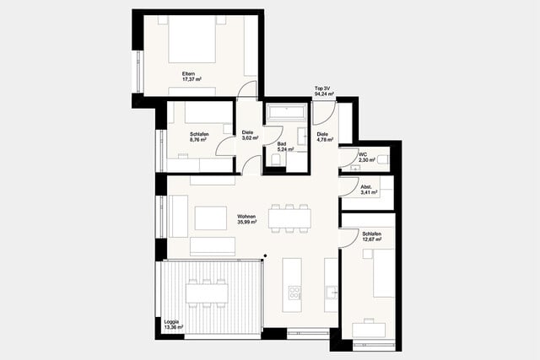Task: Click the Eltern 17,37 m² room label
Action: [x=189, y=77]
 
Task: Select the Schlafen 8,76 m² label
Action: [x=199, y=137]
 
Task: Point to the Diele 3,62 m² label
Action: [x=248, y=135]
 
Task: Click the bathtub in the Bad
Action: [x=289, y=112]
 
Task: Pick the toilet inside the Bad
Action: [x=276, y=161]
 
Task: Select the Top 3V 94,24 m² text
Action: [x=321, y=91]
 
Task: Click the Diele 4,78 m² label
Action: [x=323, y=137]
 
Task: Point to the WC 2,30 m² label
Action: [x=366, y=158]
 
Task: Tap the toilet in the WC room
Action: [x=382, y=158]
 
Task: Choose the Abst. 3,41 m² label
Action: [x=367, y=191]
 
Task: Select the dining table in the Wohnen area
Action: [x=289, y=218]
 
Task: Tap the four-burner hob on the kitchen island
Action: [x=294, y=293]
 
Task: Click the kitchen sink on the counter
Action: [x=331, y=293]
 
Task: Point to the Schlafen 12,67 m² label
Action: [x=371, y=237]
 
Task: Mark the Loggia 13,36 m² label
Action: [x=171, y=324]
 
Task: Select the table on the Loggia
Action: [x=207, y=293]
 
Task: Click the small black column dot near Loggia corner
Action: [x=264, y=256]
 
